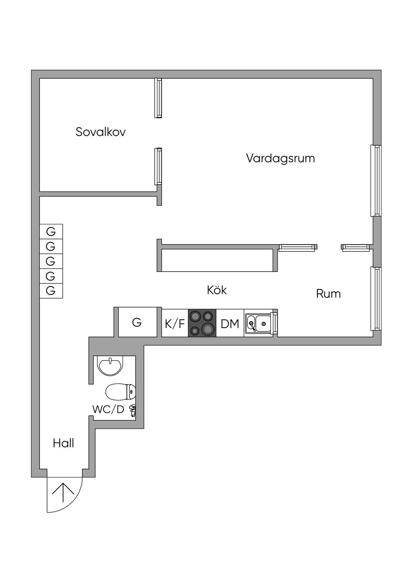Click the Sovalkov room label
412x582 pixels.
pos(101,132)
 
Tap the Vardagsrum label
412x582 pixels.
pos(280,158)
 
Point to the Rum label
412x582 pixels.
pos(328,294)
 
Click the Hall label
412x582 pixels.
pos(64,443)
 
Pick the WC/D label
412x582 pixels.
pos(108,410)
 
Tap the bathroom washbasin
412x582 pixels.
pos(110,366)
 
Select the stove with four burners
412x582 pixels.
pos(202,323)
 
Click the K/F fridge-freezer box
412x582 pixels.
pos(175,323)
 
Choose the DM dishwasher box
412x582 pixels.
pos(230,323)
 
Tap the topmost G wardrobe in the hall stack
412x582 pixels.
pos(51,232)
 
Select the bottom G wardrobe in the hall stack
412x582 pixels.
pos(51,291)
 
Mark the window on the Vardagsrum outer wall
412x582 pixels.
pos(376,180)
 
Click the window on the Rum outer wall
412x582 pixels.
pos(376,299)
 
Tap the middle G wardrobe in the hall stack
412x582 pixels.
pos(51,261)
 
